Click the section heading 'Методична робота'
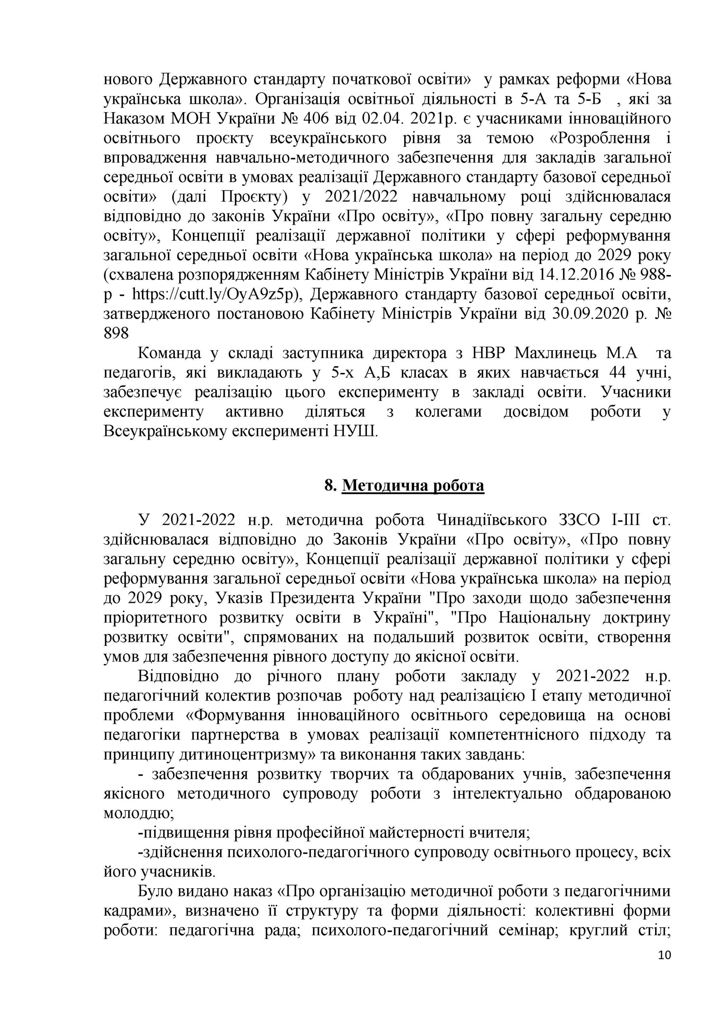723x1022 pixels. click(413, 485)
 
